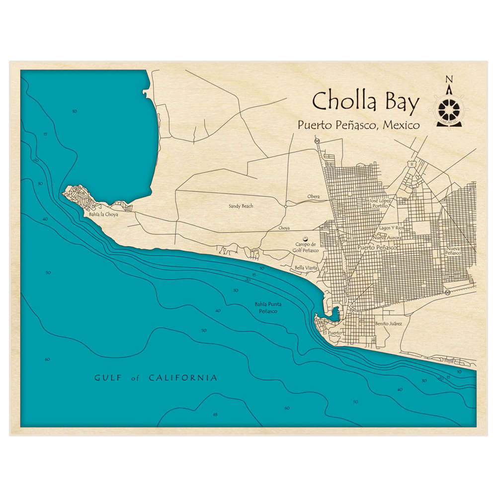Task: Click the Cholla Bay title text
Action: [365, 101]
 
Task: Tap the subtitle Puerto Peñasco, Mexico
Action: [358, 125]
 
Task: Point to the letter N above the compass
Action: [449, 80]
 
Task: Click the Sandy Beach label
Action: [241, 206]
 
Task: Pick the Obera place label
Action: [313, 197]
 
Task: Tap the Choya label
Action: [284, 228]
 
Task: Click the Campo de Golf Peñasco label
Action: [306, 247]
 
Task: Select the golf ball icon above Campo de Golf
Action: [305, 239]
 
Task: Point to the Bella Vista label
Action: [306, 267]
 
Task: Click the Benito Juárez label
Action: [388, 324]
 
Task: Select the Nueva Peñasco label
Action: [453, 250]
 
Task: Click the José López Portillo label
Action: [380, 203]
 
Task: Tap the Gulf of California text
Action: [156, 378]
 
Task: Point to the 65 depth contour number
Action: [215, 414]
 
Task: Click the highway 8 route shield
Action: [412, 163]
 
